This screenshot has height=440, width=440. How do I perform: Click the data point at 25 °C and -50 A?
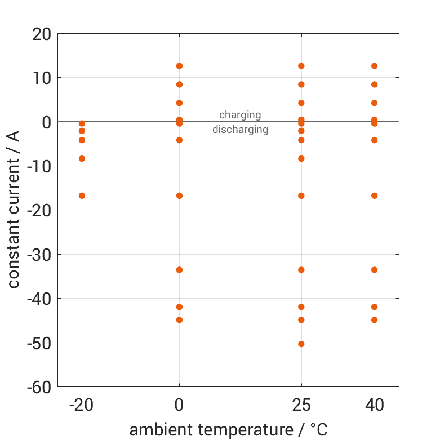[x=301, y=344]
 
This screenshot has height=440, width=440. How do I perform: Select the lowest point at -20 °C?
[x=82, y=195]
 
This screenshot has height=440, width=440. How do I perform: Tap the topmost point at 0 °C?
[x=179, y=66]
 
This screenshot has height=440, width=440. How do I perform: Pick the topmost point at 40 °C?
[x=374, y=66]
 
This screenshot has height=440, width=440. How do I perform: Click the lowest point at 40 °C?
[x=374, y=320]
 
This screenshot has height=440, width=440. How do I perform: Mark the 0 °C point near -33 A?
[x=179, y=270]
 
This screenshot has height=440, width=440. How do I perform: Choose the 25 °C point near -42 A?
[x=301, y=307]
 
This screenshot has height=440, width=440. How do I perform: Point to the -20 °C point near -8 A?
[x=82, y=159]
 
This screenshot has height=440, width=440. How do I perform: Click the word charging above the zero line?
[x=240, y=115]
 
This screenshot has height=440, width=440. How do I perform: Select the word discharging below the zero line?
[x=240, y=130]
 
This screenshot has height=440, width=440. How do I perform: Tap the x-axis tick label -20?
[x=82, y=405]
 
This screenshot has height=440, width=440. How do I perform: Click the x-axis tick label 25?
[x=301, y=405]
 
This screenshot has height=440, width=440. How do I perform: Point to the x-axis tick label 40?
[x=374, y=405]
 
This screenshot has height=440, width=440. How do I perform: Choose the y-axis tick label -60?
[x=38, y=387]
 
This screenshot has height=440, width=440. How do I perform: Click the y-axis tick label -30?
[x=38, y=255]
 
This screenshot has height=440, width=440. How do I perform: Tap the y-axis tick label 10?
[x=42, y=78]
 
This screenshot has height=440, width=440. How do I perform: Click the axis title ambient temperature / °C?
[x=228, y=430]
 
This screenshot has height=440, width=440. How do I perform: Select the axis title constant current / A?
[x=14, y=210]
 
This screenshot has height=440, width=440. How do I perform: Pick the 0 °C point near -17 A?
[x=179, y=195]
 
